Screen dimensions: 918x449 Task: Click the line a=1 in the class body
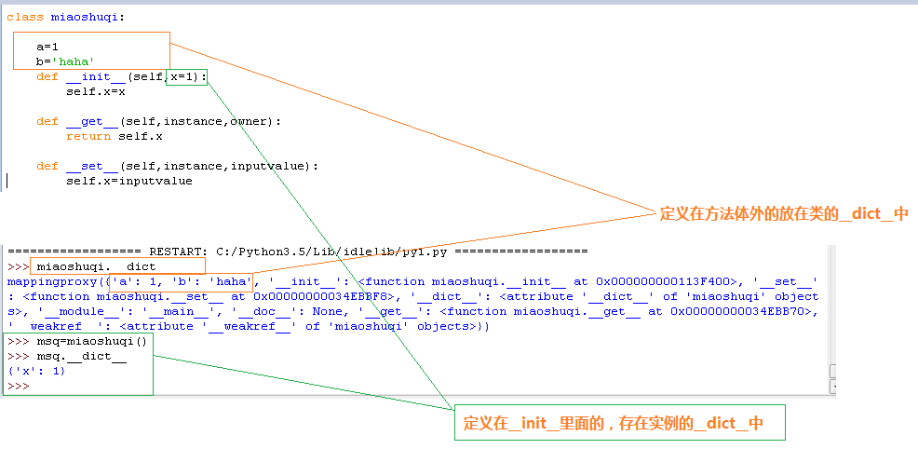[x=47, y=47]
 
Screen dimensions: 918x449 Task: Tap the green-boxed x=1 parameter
[x=186, y=76]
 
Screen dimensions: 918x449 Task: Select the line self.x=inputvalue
[x=128, y=181]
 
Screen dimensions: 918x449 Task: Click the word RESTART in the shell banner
[x=178, y=252]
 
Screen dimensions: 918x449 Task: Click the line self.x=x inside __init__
[x=96, y=91]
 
